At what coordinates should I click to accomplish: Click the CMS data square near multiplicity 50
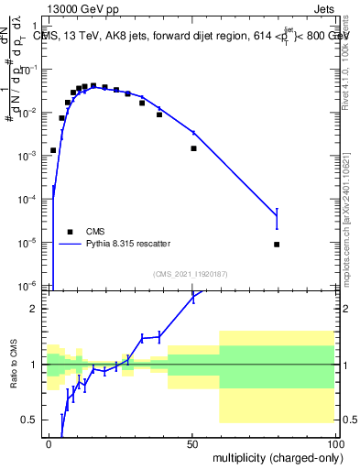coord(193,148)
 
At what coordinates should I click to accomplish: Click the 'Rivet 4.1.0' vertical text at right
coord(350,69)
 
